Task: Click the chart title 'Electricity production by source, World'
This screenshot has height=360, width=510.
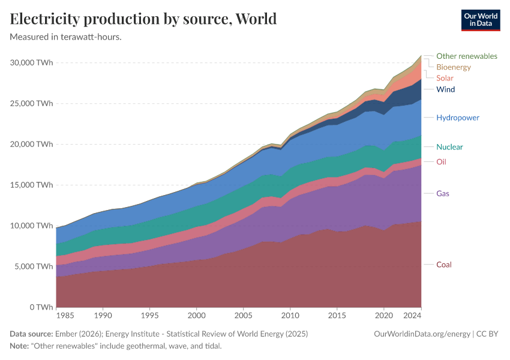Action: tap(143, 19)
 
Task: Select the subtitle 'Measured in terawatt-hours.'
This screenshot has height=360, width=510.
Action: tap(66, 37)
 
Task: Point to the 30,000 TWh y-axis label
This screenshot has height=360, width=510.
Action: tap(32, 62)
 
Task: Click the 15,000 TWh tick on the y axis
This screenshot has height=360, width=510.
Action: tap(32, 185)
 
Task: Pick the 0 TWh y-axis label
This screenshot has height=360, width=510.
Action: tap(41, 307)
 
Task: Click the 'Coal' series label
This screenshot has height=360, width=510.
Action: tap(444, 265)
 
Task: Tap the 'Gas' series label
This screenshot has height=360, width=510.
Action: tap(443, 193)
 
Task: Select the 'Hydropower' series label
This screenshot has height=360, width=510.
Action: tap(458, 118)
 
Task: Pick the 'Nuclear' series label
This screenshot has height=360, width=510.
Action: tap(449, 147)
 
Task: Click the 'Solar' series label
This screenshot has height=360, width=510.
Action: tap(445, 78)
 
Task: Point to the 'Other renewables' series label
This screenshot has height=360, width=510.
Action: tap(466, 56)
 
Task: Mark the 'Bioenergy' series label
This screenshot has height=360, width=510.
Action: tap(454, 67)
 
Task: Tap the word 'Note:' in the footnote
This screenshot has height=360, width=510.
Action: tap(20, 346)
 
